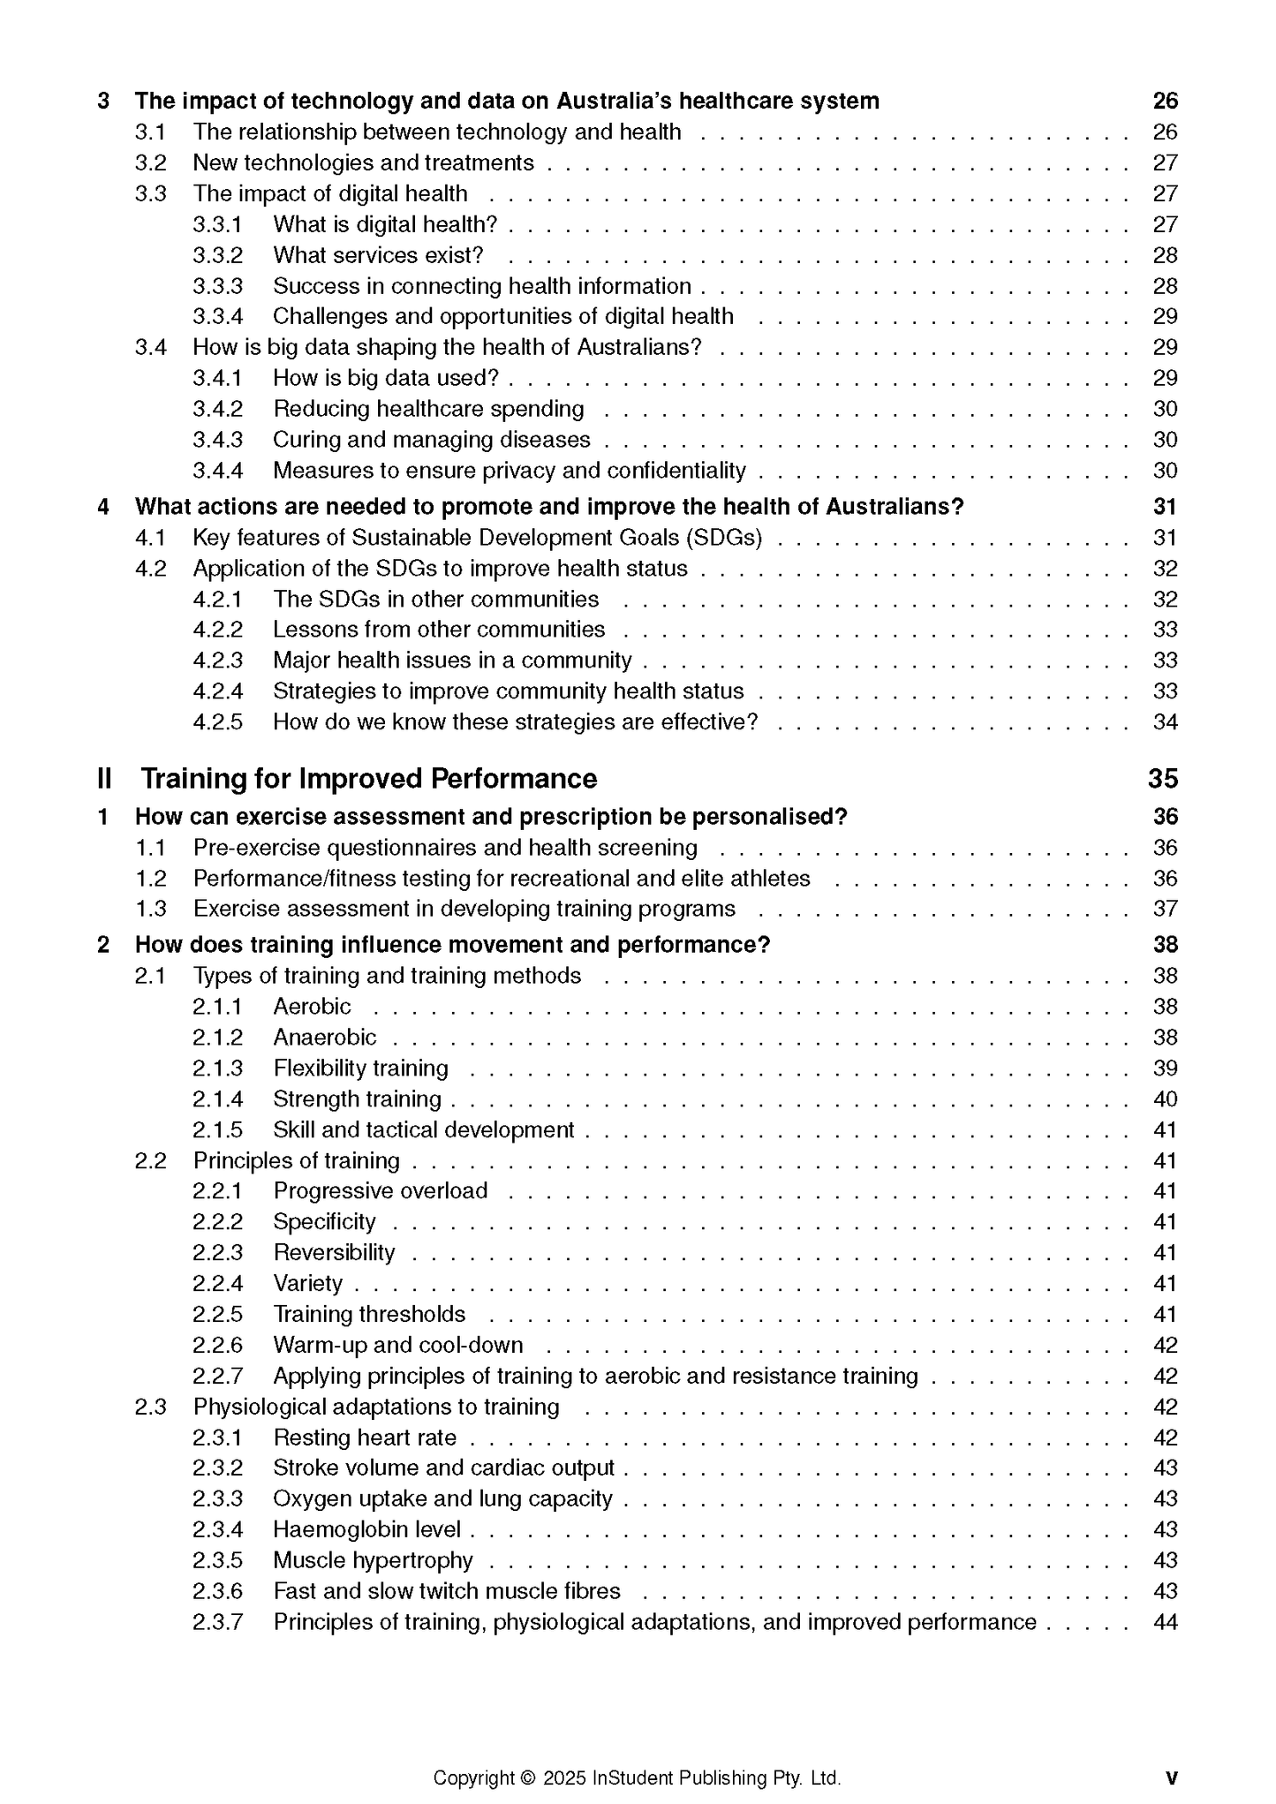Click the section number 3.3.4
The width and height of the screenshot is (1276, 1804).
pos(217,316)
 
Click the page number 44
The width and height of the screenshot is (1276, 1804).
pos(1165,1622)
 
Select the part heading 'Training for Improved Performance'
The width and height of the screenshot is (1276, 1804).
pos(369,779)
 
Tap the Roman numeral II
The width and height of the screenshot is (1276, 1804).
pos(104,779)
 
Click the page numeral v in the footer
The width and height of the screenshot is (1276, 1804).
pos(1172,1778)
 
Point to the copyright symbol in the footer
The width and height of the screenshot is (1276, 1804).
pos(528,1778)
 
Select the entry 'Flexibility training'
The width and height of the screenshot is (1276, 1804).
pos(360,1068)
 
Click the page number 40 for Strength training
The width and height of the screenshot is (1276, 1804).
pos(1165,1099)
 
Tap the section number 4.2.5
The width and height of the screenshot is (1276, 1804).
pos(217,722)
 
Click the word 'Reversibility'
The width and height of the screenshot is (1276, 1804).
pos(334,1253)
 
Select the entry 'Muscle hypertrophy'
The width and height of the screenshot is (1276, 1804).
pos(373,1560)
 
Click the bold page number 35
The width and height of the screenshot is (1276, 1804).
pos(1163,779)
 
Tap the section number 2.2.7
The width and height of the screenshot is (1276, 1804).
pos(217,1376)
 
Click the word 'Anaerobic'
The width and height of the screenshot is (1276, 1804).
pos(324,1038)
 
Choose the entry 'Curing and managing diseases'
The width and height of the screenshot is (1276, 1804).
pos(431,440)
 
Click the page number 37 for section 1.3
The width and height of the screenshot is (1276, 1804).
pos(1165,909)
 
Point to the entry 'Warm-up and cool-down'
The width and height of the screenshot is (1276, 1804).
pos(397,1345)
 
